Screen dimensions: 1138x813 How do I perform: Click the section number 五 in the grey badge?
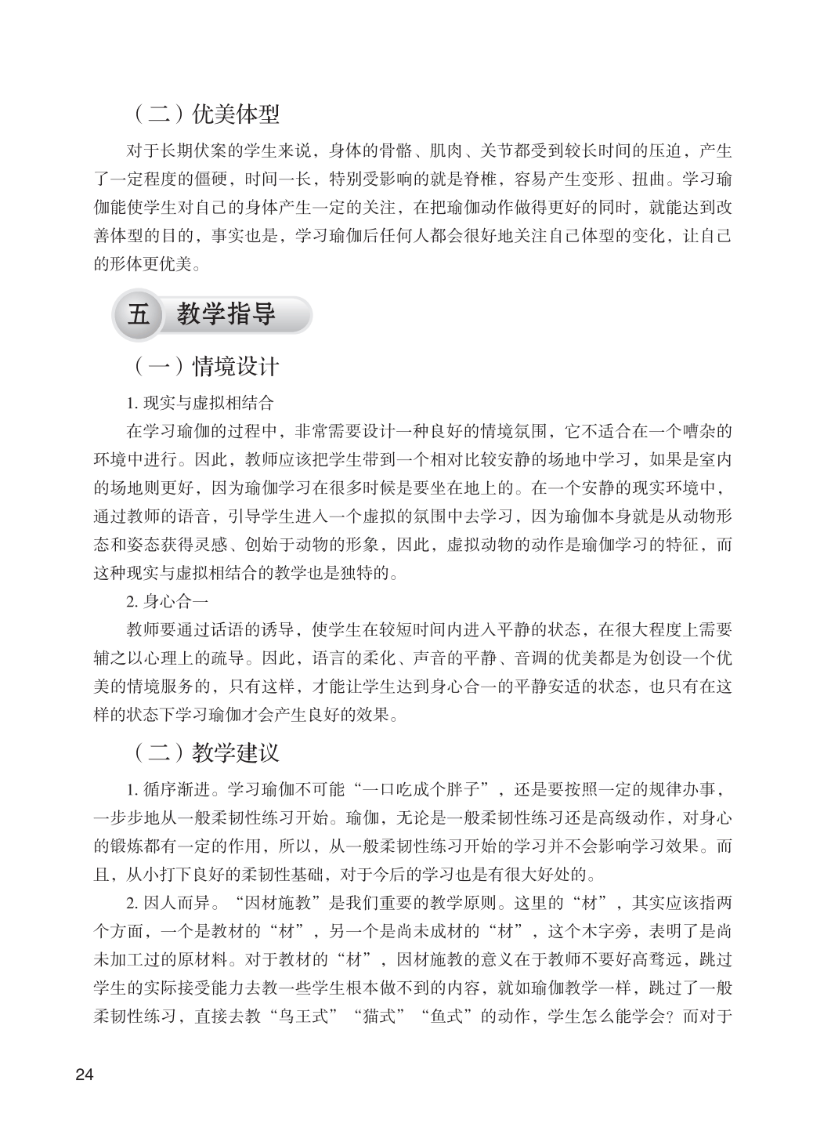pos(138,316)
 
